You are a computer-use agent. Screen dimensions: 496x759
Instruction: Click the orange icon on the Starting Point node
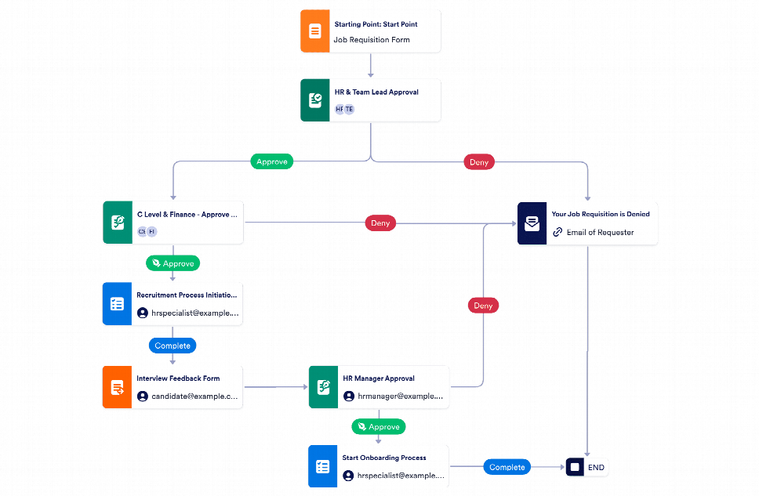click(314, 31)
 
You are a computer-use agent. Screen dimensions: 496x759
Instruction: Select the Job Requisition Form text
click(372, 40)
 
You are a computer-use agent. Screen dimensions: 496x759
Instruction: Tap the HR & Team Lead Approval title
click(376, 92)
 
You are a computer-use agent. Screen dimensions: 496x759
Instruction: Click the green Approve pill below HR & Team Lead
click(272, 162)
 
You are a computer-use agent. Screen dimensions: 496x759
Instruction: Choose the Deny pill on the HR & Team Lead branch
click(478, 162)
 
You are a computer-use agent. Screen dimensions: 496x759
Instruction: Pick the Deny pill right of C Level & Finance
click(380, 223)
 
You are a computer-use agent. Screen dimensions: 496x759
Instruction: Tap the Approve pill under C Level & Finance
click(173, 263)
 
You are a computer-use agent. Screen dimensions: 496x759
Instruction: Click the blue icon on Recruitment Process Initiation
click(117, 304)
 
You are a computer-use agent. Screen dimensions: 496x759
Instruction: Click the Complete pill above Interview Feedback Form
click(172, 345)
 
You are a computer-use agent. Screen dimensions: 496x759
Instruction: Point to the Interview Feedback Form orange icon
click(117, 387)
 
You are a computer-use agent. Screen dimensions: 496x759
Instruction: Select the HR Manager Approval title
click(378, 378)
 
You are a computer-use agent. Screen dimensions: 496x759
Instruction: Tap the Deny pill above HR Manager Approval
click(483, 305)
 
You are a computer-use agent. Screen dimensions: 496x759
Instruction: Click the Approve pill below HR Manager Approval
click(379, 427)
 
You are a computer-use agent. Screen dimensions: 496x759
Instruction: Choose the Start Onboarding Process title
click(384, 458)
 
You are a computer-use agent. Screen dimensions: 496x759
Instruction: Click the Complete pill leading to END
click(507, 467)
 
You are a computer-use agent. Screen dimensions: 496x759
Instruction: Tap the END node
click(587, 468)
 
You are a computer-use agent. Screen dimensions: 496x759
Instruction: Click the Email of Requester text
click(600, 232)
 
